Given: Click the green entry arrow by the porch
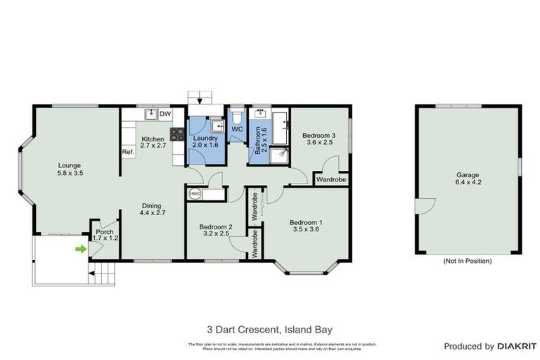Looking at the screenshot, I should (82, 248).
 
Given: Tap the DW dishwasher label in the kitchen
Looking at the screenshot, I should (165, 114).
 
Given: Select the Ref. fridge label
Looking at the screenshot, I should (128, 152).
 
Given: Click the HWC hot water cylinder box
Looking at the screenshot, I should (195, 193).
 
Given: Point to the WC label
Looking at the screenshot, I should (238, 129).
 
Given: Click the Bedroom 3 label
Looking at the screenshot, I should (319, 135).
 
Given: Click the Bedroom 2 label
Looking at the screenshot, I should (215, 226).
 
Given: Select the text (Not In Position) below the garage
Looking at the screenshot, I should (468, 261).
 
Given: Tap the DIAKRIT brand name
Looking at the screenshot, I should (517, 347).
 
